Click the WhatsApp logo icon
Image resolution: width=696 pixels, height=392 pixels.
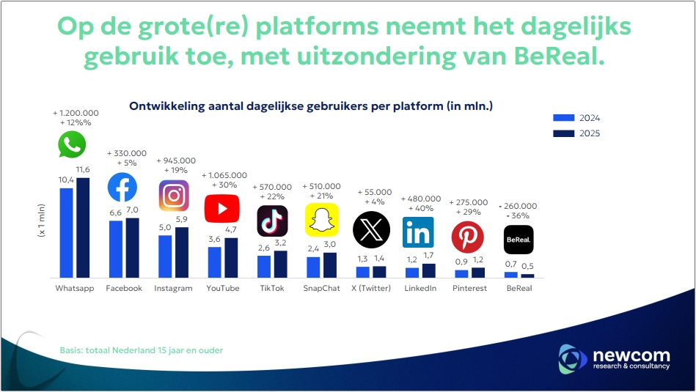coord(72,144)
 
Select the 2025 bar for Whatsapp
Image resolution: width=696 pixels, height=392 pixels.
coord(83,228)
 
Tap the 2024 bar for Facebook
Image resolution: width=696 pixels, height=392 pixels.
coord(115,249)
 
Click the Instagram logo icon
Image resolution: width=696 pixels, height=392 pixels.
coord(174,196)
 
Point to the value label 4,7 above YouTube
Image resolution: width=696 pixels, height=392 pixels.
coord(230,230)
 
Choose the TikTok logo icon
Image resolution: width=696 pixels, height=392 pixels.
coord(272,221)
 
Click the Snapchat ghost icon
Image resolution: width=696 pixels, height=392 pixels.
coord(322,220)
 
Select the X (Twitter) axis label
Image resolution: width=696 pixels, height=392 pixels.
coord(371,289)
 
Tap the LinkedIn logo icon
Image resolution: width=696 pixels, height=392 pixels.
coord(418,232)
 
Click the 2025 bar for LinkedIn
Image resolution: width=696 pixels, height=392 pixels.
coord(428,270)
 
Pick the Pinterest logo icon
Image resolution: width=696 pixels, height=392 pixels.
coord(467,237)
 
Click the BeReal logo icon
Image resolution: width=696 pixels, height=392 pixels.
coord(519,240)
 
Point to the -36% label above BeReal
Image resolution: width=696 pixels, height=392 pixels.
coord(519,216)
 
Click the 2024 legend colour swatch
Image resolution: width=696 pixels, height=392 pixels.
coord(563,118)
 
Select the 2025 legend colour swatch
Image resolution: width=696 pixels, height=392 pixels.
coord(563,133)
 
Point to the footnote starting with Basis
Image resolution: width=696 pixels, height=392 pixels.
coord(141,350)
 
